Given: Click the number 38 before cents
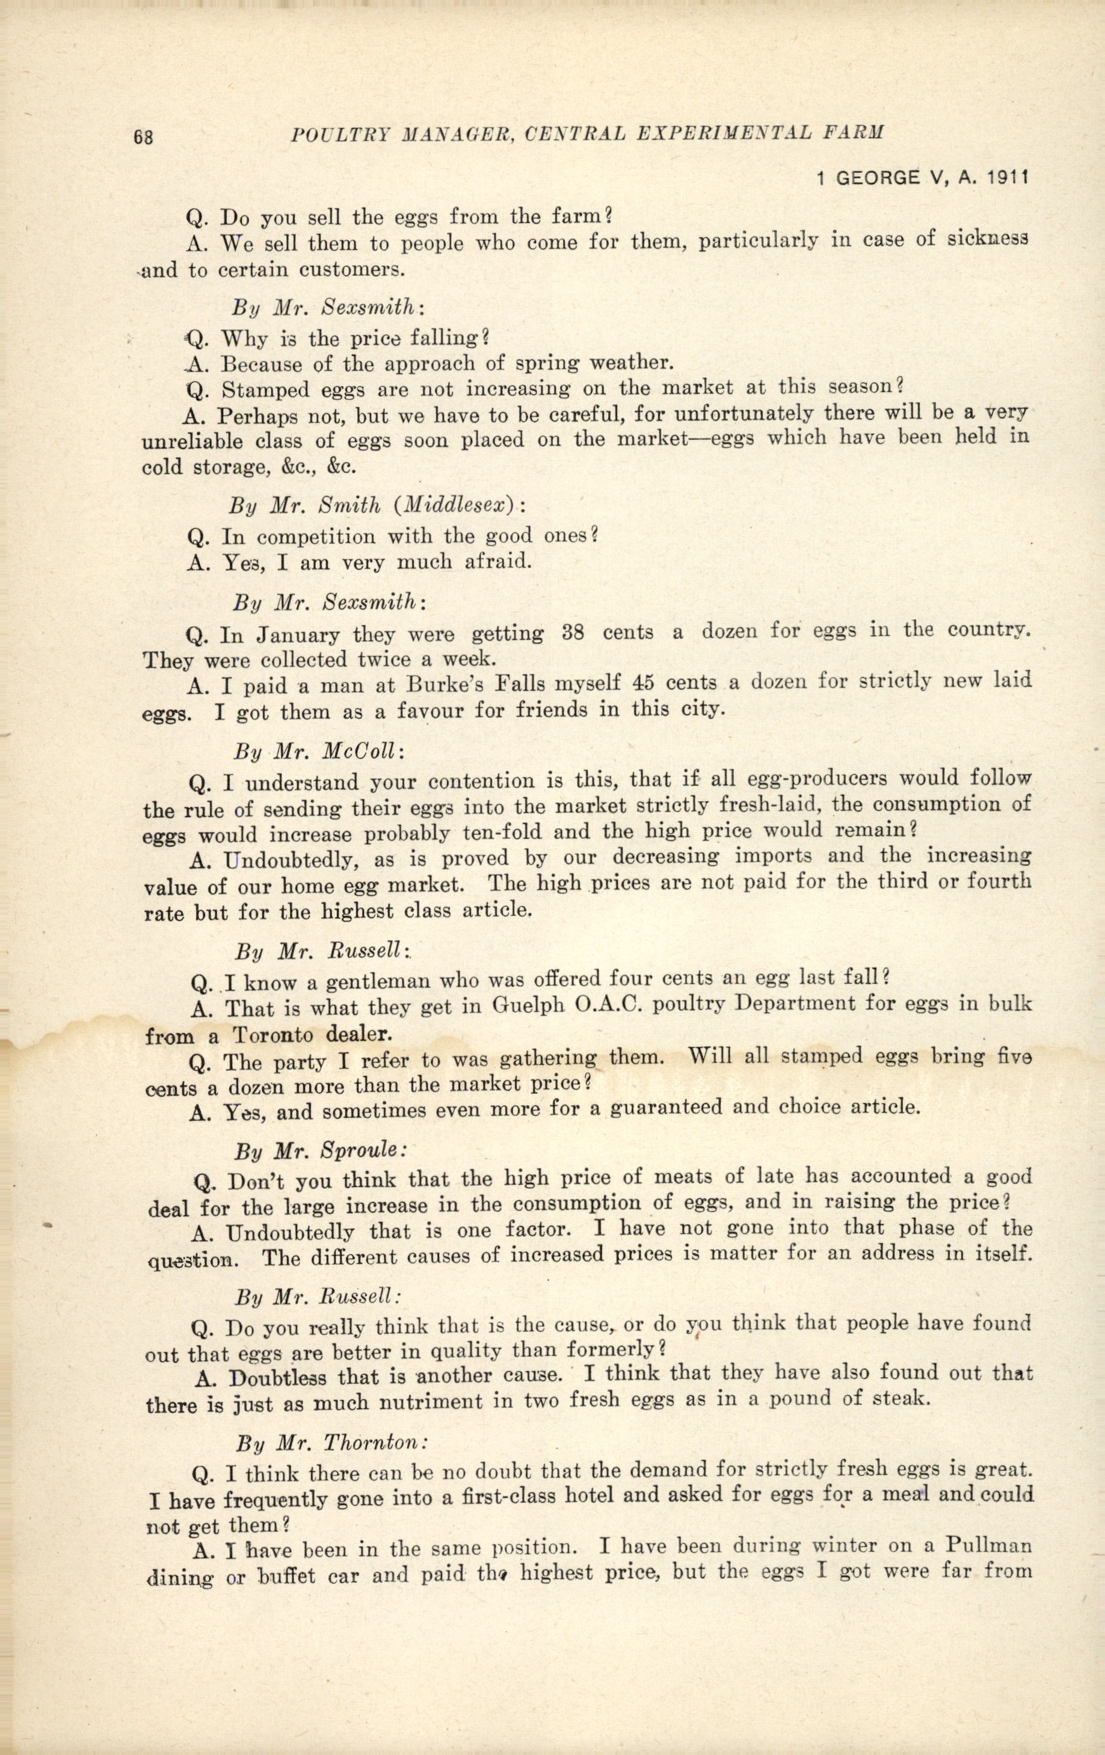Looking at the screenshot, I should pos(574,632).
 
